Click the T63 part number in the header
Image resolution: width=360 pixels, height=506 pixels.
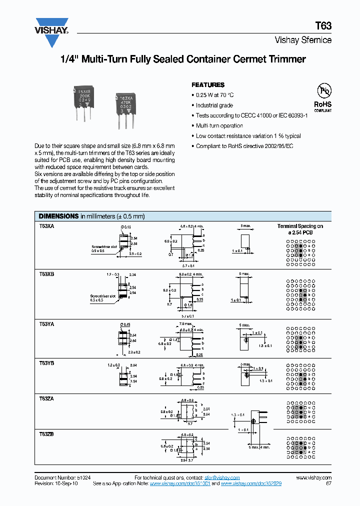(323, 25)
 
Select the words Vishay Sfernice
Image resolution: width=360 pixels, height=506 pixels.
(303, 40)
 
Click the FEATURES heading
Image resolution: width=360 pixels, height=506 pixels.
(208, 85)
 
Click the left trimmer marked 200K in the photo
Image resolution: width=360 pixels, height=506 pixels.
(83, 102)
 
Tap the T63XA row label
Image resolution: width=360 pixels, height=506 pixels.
(46, 226)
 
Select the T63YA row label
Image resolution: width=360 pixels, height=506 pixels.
(46, 324)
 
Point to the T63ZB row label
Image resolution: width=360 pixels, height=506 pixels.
(46, 434)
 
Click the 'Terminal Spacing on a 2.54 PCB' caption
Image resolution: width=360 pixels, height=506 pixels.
(300, 229)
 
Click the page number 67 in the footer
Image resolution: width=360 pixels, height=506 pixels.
(328, 484)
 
